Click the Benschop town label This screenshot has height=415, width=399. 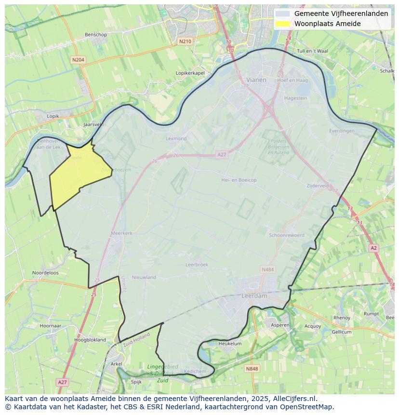[x=95, y=35]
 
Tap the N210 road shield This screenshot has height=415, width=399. [x=185, y=41]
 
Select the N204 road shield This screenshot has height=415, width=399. [x=78, y=60]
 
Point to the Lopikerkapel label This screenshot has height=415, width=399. [x=190, y=73]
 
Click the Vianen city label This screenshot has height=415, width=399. [x=256, y=80]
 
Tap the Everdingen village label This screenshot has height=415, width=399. [x=342, y=131]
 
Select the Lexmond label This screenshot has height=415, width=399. [x=176, y=138]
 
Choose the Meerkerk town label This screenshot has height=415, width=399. [x=121, y=233]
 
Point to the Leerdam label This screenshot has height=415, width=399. [x=254, y=296]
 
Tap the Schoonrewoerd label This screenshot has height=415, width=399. [x=286, y=235]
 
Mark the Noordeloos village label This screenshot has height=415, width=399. [x=45, y=273]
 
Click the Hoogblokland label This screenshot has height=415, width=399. [x=90, y=340]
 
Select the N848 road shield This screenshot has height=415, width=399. [x=252, y=369]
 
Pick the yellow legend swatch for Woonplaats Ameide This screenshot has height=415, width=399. [x=283, y=24]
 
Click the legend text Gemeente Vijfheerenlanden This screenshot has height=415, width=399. [x=341, y=13]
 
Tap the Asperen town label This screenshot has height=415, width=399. [x=280, y=325]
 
